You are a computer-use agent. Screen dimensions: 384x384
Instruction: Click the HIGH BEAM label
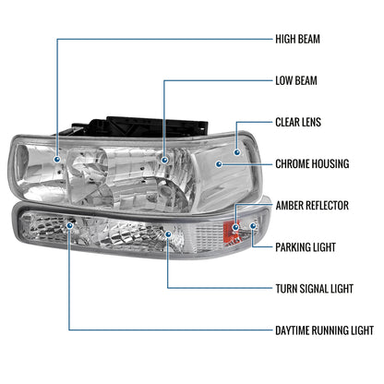point(306,40)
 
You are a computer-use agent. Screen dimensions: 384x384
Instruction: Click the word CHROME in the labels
point(294,164)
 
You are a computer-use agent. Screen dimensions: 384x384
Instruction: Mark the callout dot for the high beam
point(57,158)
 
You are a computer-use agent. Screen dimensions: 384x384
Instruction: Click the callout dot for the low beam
point(165,158)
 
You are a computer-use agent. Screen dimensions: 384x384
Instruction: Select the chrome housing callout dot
point(219,165)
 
